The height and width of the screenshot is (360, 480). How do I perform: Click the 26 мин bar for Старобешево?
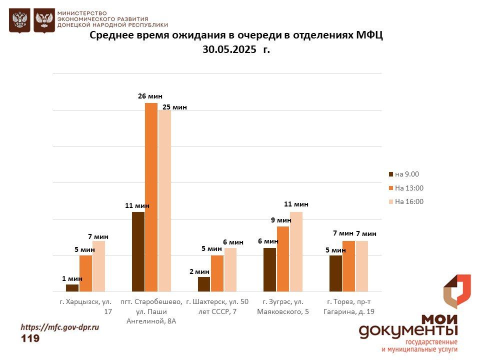151,197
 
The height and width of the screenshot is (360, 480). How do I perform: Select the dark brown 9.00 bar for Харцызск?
72,287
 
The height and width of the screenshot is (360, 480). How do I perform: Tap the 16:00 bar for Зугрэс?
296,251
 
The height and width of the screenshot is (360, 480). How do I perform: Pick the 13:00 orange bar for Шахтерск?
217,273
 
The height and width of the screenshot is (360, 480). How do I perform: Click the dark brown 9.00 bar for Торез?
335,273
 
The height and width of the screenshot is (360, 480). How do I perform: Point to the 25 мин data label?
174,107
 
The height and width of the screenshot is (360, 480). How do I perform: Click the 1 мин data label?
72,278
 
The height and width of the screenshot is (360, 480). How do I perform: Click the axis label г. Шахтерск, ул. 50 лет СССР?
217,306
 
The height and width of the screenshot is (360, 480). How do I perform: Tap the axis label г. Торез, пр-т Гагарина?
349,306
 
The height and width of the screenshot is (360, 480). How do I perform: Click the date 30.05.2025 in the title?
229,49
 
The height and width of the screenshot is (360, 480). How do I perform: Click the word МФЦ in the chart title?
369,35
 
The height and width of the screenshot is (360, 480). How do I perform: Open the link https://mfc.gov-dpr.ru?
59,327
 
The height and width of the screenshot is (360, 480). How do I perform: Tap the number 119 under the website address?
30,338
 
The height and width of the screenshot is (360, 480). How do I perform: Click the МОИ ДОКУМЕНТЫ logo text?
408,325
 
